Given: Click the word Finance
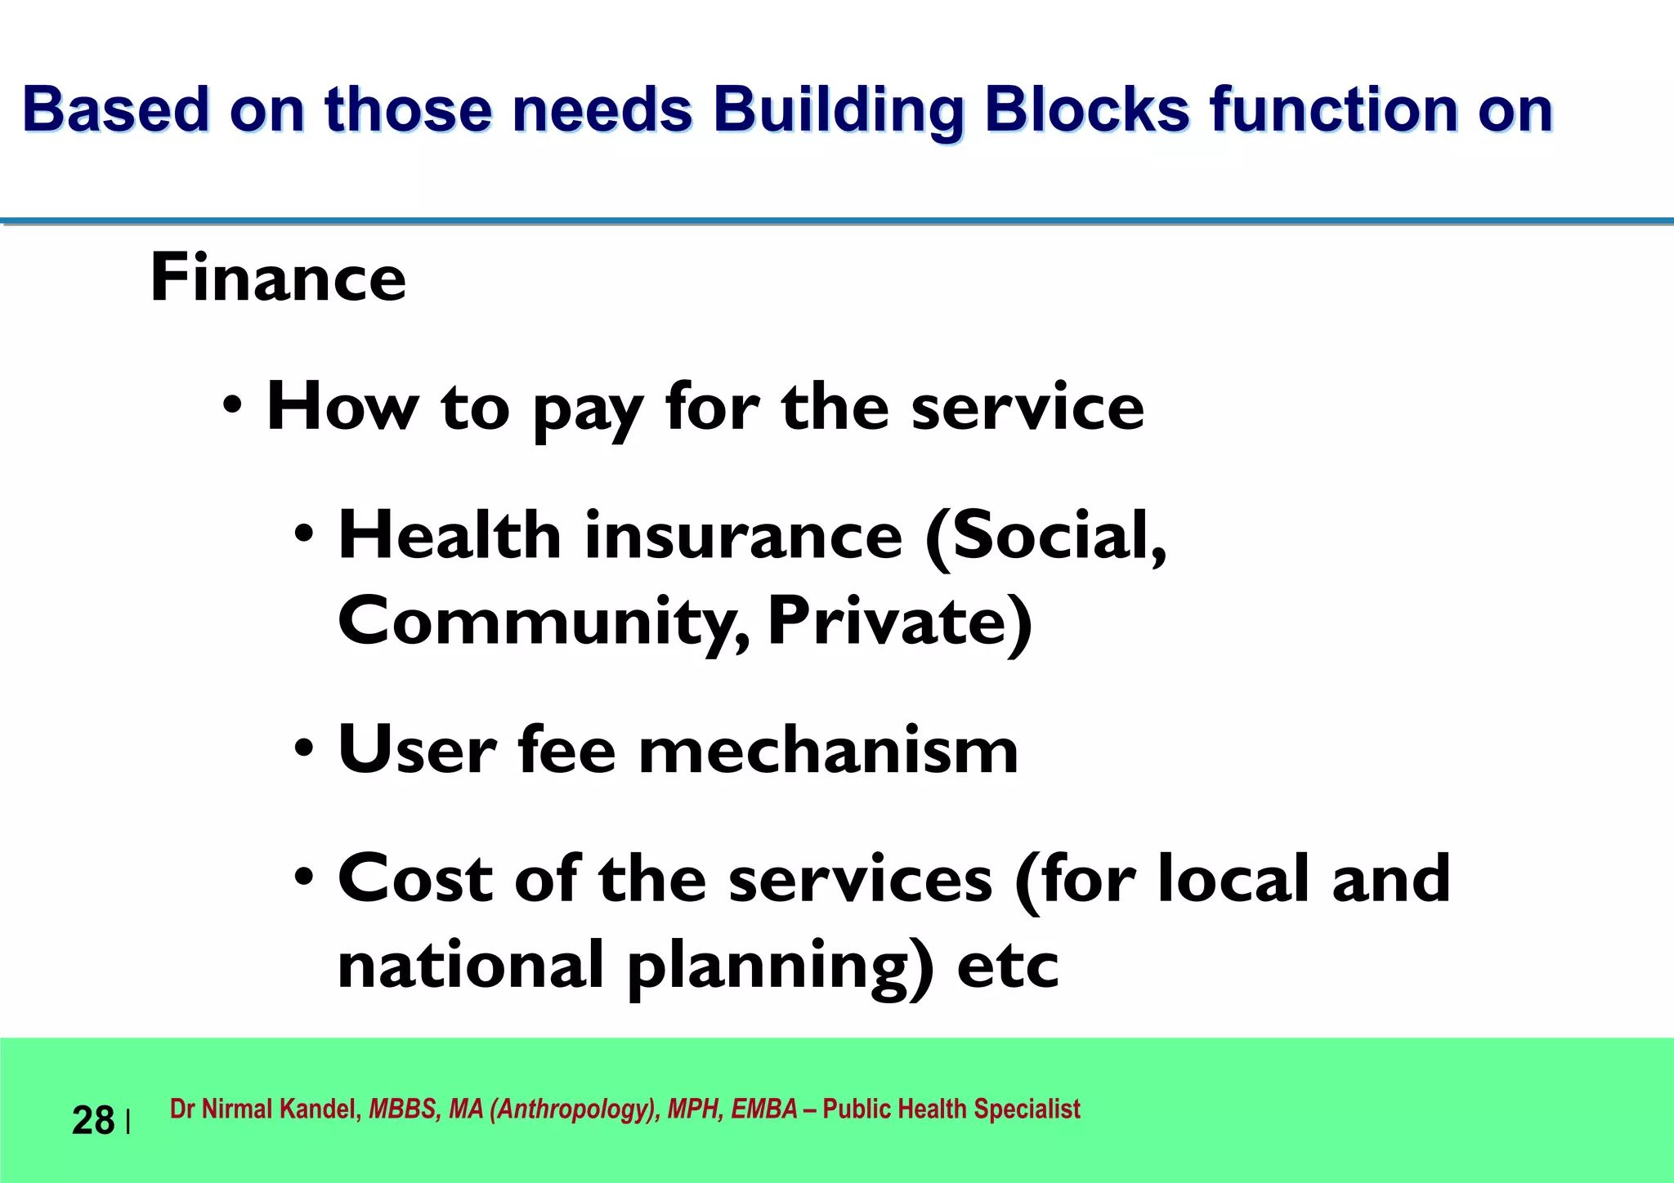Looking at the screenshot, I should (x=278, y=278).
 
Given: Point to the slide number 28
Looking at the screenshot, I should (x=92, y=1120).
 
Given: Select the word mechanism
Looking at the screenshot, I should (x=827, y=749).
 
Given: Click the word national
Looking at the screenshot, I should (x=470, y=964).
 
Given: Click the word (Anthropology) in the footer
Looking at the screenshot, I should (x=575, y=1109).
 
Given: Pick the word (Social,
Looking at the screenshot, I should (x=1046, y=538).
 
